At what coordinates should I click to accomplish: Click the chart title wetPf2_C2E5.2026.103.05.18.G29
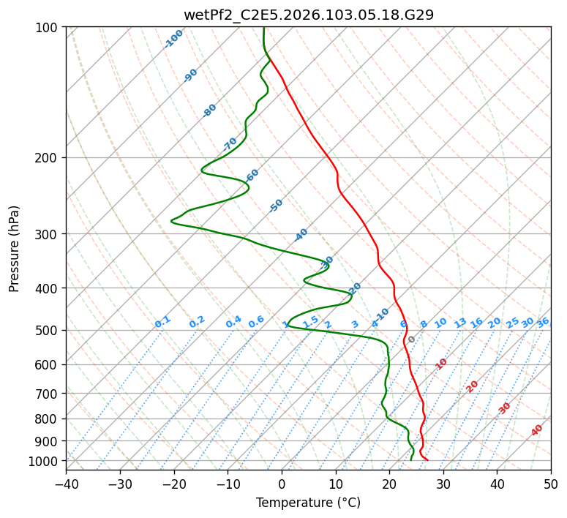point(308,15)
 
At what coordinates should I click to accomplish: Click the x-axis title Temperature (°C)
point(308,503)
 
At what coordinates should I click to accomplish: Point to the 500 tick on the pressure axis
point(48,331)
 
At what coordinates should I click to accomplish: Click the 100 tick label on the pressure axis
point(48,28)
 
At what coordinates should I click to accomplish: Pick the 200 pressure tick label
point(48,158)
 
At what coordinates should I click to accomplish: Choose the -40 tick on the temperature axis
point(66,484)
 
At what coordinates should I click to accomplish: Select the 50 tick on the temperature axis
point(551,484)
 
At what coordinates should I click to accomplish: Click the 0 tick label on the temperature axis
point(282,484)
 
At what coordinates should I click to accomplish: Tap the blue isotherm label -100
point(173,38)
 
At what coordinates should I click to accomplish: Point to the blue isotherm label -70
point(230,143)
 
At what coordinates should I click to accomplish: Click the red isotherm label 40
point(537,430)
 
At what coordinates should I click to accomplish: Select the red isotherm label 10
point(441,364)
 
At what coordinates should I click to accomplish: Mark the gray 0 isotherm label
point(412,339)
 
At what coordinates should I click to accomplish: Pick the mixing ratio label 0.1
point(162,322)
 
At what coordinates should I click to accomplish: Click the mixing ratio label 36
point(543,322)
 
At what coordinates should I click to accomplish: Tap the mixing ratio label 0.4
point(233,322)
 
